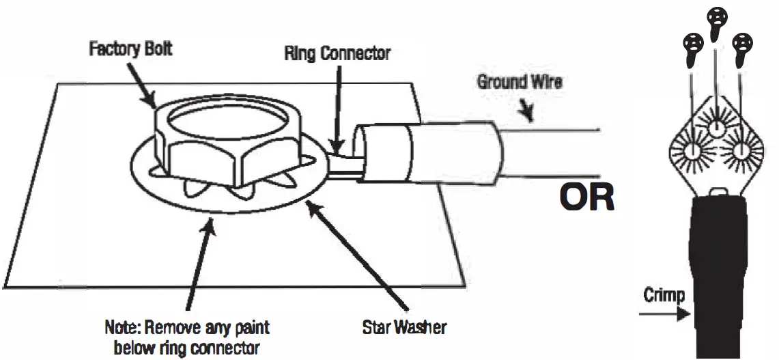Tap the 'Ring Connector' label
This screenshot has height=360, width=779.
[337, 53]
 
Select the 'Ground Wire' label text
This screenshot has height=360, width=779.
[519, 82]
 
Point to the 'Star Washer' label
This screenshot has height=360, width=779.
[405, 327]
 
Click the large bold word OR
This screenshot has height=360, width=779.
[586, 197]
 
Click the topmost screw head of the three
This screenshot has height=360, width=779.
[716, 20]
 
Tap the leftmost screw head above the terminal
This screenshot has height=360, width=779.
[691, 46]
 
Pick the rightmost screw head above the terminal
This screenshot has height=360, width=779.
[741, 46]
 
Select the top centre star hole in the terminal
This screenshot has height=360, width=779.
[716, 128]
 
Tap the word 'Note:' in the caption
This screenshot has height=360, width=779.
[122, 327]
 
